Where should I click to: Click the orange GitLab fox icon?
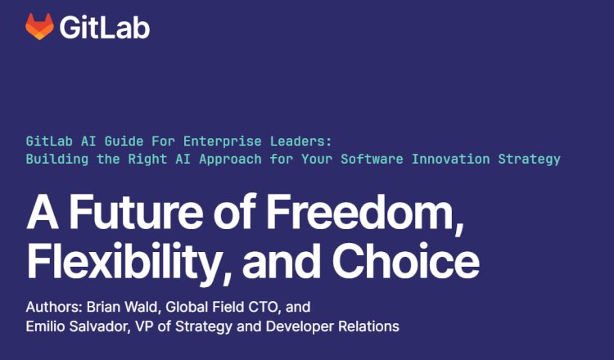[38, 27]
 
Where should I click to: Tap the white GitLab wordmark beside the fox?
[104, 27]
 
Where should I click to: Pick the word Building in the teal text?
[55, 159]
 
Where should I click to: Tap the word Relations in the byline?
[368, 327]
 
